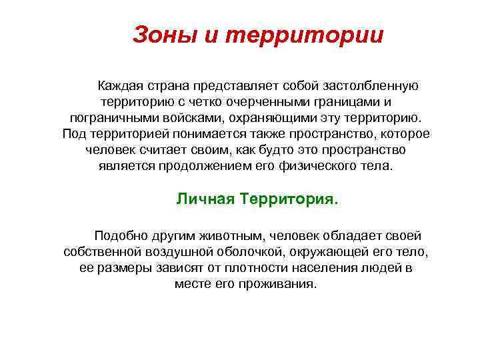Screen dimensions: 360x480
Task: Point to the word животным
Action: tap(215, 236)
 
